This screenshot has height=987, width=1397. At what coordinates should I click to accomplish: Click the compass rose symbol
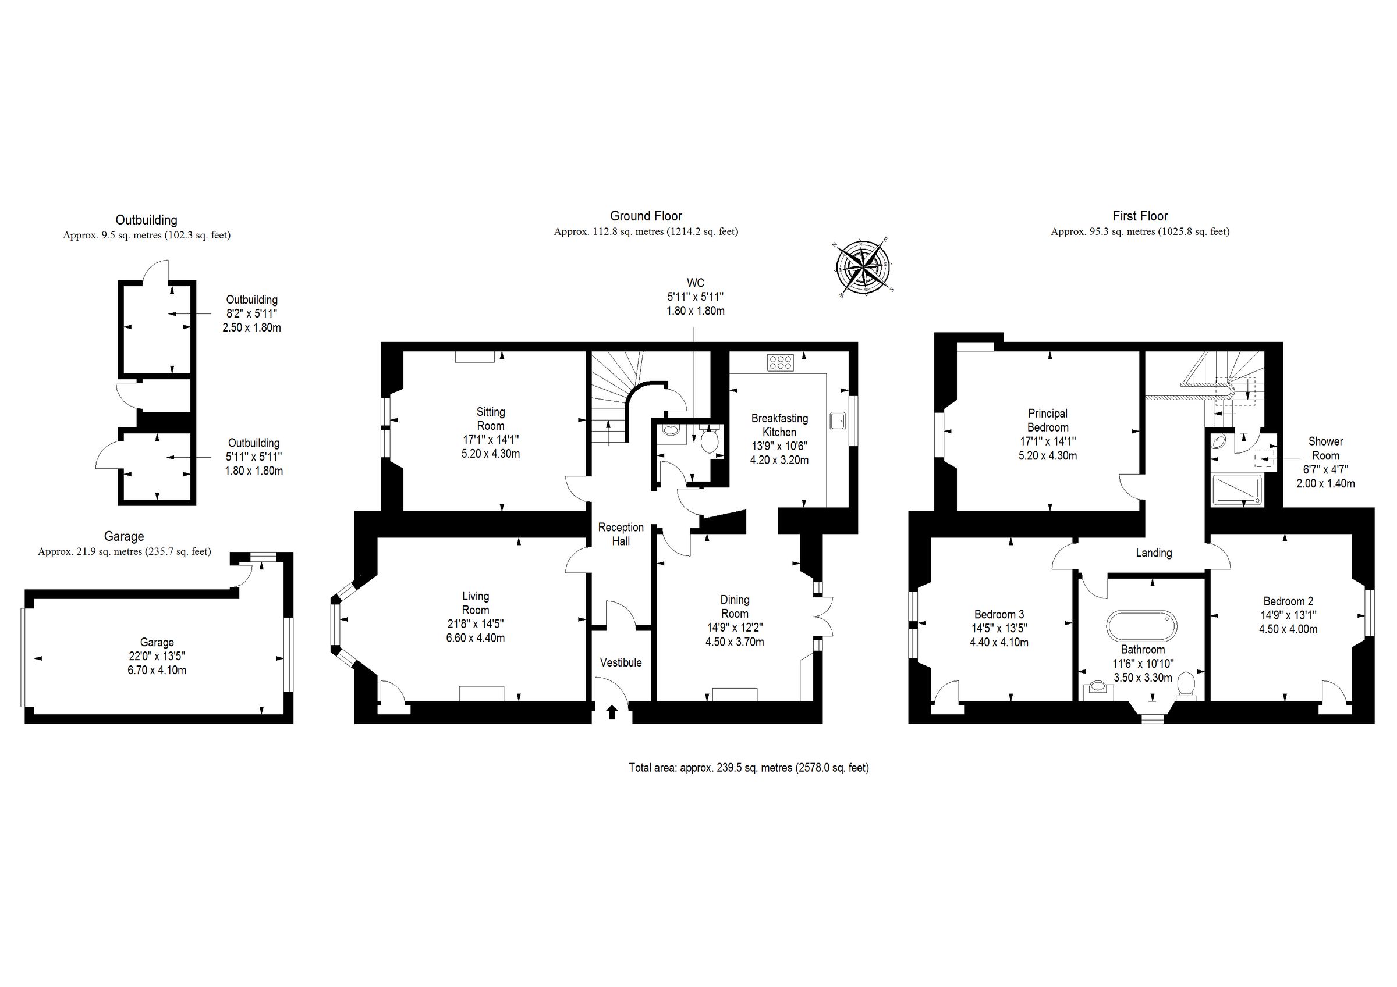coord(863,268)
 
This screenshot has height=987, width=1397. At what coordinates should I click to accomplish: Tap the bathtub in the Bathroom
coord(1141,626)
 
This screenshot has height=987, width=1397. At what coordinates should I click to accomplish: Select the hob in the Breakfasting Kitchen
coord(780,363)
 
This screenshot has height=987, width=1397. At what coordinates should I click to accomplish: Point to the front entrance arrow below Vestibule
coord(612,712)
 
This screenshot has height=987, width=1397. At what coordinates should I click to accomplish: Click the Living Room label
coord(475,603)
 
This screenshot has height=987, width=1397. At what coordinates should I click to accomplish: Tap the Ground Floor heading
coord(646,216)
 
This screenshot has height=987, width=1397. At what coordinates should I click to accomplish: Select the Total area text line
coord(749,768)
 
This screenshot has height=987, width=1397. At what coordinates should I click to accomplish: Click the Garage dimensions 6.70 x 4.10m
coord(157,670)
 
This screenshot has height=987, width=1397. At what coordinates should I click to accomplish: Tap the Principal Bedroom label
coord(1048,421)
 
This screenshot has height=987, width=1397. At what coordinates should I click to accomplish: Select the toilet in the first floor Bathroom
coord(1186,685)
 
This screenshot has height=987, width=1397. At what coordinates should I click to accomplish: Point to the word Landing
coord(1154,553)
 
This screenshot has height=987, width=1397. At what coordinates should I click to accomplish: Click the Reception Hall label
coord(621,534)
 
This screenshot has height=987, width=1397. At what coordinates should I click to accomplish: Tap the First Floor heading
coord(1140,216)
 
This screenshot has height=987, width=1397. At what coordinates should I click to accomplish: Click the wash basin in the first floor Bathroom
coord(1098,688)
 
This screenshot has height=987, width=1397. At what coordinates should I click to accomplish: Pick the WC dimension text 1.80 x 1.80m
coord(696,311)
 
